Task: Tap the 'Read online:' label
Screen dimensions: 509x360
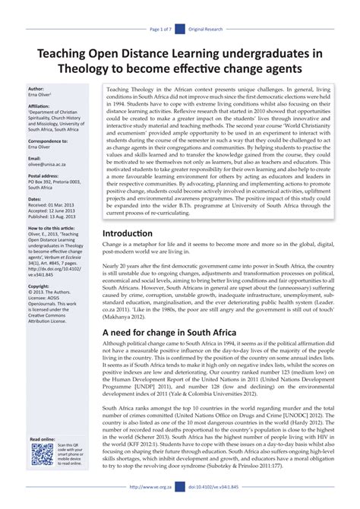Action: tap(41, 440)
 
